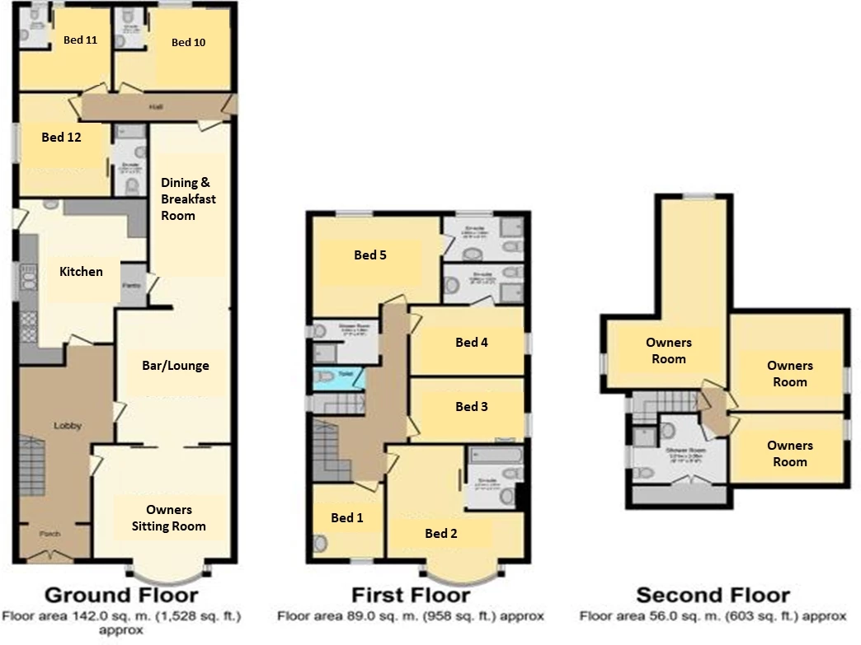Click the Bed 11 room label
pos(80,40)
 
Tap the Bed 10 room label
pos(188,43)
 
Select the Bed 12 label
pos(61,138)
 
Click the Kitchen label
pos(81,271)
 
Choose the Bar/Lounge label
pos(175,366)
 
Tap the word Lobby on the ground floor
pos(66,426)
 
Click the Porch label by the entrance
pos(50,534)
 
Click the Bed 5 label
pos(370,255)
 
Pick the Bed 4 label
pos(472,342)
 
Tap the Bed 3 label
pos(472,406)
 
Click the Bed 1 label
pos(347,517)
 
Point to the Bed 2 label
pos(441,533)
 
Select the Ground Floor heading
pos(120,595)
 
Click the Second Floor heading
pos(713,595)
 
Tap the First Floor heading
pos(410,595)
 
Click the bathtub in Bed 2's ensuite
pos(495,455)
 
